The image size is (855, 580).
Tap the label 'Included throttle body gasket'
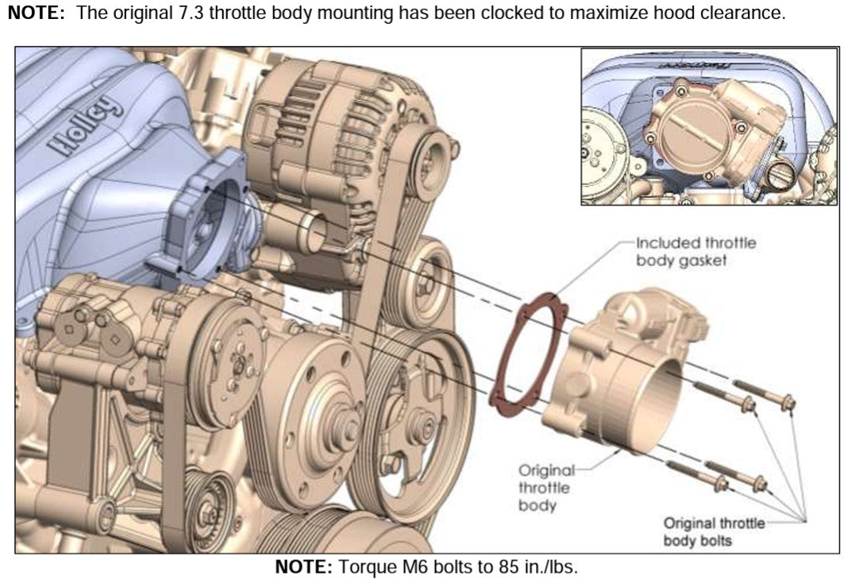point(695,251)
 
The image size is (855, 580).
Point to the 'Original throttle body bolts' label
point(714,532)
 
